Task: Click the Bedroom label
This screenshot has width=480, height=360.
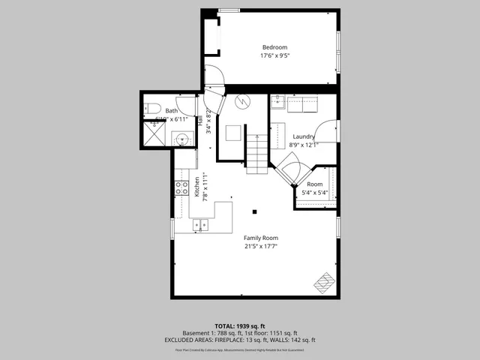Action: (x=274, y=47)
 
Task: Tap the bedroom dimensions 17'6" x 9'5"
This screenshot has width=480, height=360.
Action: (x=274, y=55)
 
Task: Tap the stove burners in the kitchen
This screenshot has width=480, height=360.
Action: (x=181, y=187)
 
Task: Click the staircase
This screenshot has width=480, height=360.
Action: (x=257, y=154)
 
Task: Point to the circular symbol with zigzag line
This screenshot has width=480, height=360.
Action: (x=241, y=103)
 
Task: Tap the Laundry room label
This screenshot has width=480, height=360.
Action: (x=304, y=136)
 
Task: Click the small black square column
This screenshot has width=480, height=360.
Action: (x=255, y=212)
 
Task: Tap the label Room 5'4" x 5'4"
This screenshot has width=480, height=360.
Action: (x=315, y=188)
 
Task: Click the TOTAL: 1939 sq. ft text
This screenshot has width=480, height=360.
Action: (x=240, y=325)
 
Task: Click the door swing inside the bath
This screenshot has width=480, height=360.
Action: (x=185, y=108)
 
